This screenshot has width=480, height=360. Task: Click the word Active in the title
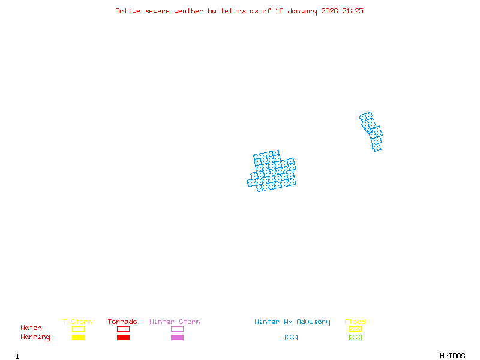tap(128, 11)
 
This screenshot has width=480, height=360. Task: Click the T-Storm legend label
tap(77, 322)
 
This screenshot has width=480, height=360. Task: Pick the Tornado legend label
tap(122, 322)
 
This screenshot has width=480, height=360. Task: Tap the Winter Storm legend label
tap(175, 322)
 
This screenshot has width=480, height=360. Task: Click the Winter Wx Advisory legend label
tap(292, 322)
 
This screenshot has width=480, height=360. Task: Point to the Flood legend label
tap(355, 322)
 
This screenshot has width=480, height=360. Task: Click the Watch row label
tap(31, 328)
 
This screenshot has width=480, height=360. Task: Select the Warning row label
tap(35, 337)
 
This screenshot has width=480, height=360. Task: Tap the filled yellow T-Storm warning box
tap(78, 338)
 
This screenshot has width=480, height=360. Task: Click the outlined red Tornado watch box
tap(123, 329)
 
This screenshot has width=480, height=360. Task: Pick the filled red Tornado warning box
tap(123, 338)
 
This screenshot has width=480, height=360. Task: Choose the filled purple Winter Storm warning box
tap(177, 338)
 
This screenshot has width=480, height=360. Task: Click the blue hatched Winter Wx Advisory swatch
tap(291, 338)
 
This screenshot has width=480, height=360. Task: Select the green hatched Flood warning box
tap(355, 338)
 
